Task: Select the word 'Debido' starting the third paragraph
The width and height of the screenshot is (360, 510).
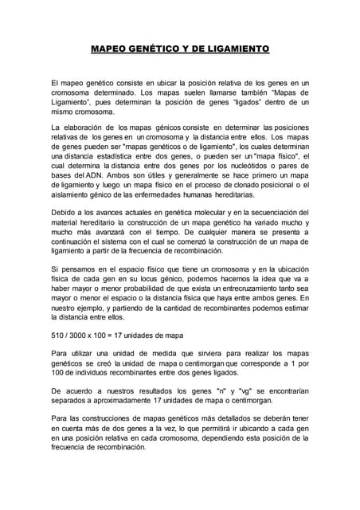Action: tap(63, 213)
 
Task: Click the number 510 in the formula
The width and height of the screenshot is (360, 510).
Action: tap(57, 334)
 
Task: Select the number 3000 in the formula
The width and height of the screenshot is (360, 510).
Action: tap(84, 334)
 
